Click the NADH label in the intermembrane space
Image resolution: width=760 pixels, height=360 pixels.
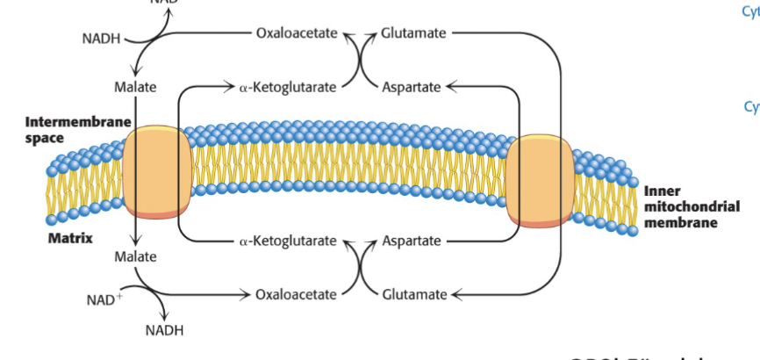point(104,39)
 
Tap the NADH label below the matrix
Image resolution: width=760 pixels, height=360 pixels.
point(164,330)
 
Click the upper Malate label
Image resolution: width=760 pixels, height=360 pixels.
point(135,87)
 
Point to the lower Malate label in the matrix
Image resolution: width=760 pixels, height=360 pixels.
point(135,256)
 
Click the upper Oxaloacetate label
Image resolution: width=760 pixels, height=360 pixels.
point(296,33)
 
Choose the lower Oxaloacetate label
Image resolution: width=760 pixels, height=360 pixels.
point(296,294)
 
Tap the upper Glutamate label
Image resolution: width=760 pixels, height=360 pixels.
point(413,33)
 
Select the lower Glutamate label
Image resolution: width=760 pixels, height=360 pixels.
point(414,294)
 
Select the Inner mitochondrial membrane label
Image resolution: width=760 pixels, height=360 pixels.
point(690,207)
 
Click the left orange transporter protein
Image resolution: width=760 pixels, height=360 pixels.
point(157,171)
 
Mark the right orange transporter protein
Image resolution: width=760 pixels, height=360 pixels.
point(540,180)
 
